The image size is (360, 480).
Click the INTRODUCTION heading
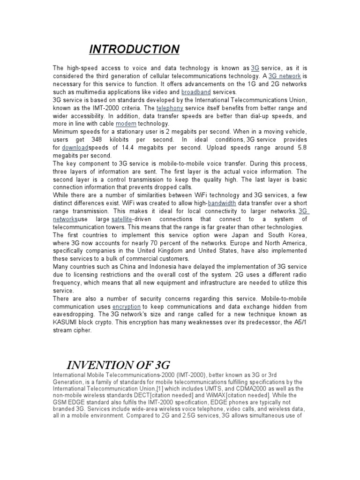click(x=134, y=49)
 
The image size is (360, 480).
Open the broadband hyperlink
click(x=196, y=92)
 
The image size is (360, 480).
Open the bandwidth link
click(x=223, y=203)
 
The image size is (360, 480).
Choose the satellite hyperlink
click(x=122, y=219)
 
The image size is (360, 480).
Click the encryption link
click(x=126, y=307)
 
